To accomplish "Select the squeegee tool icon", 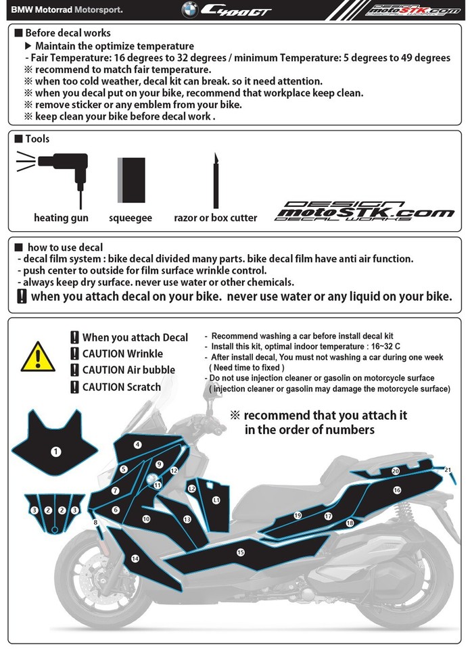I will click(131, 179).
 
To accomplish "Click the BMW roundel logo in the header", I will click(190, 9).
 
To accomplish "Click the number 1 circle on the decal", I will click(56, 451).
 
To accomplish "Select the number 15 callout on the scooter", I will click(240, 552).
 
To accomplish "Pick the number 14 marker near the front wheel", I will click(135, 558).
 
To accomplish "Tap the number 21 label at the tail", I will click(448, 469).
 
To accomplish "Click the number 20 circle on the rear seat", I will click(396, 471).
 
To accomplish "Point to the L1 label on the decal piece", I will click(216, 500).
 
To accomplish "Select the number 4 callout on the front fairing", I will click(137, 444).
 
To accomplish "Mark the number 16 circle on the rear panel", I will click(397, 489).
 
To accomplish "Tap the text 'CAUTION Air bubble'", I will click(128, 370).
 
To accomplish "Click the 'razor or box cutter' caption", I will click(215, 218).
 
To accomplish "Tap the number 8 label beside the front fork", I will click(95, 522).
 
